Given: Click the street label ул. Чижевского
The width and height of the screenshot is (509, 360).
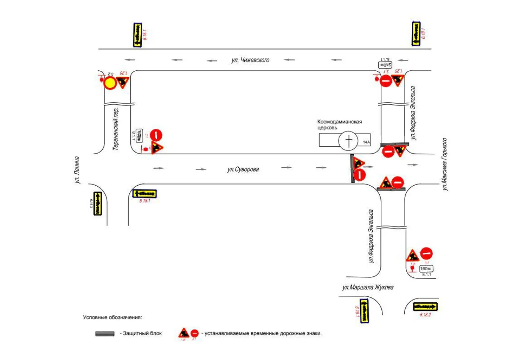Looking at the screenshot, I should click(250, 60).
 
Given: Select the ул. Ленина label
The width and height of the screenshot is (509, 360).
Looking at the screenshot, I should click(77, 170).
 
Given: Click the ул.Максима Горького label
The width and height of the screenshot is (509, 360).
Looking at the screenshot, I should click(445, 164).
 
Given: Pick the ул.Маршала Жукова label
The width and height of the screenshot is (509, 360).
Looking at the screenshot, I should click(368, 287).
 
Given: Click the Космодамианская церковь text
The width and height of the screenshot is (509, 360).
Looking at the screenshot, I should click(339, 124).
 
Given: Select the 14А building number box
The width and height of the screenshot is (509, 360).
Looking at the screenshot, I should click(366, 143).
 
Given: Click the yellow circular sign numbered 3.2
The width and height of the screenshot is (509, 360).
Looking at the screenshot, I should click(110, 84).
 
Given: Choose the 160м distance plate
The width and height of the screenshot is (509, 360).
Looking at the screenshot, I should click(425, 269).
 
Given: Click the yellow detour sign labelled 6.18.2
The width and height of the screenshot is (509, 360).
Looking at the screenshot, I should click(425, 307).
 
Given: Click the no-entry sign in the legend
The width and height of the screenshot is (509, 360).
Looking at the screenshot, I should click(195, 333).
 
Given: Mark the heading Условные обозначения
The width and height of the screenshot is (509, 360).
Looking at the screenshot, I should click(112, 317).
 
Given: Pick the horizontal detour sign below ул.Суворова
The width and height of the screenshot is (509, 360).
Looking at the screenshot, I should click(144, 193).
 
